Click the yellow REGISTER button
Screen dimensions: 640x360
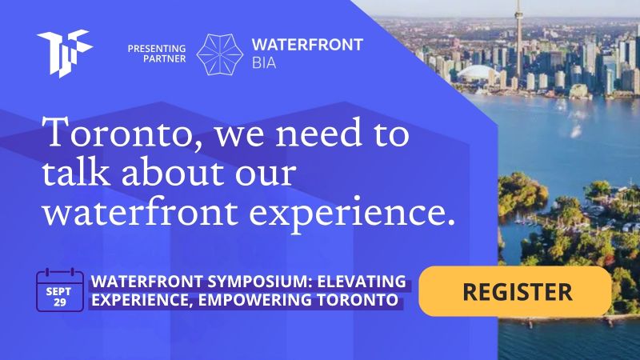coord(515,291)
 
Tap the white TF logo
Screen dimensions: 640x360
coord(65,53)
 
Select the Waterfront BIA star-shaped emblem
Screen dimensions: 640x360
coord(219,54)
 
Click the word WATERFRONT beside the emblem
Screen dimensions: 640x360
coord(307,45)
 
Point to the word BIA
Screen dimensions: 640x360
coord(264,63)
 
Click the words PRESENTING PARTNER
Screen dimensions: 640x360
coord(157,54)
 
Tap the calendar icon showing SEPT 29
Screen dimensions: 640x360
coord(59,290)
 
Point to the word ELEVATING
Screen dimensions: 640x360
coord(362,282)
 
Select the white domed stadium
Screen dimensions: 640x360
coord(478,74)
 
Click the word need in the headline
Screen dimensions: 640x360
coord(318,132)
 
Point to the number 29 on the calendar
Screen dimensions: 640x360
coord(59,302)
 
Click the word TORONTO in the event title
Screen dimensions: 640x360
coord(358,300)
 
